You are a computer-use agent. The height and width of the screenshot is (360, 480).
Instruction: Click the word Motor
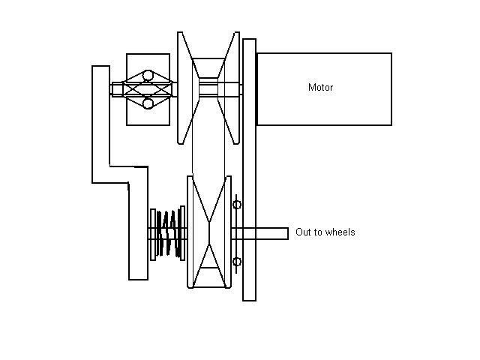point(320,88)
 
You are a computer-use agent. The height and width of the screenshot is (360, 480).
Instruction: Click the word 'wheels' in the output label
point(340,232)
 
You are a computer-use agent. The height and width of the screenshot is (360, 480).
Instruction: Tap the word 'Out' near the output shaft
point(304,232)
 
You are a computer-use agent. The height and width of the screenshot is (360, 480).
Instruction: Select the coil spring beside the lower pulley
point(168,233)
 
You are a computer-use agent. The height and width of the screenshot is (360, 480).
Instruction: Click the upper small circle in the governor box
point(148,76)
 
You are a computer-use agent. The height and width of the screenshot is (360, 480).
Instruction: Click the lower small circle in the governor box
point(148,103)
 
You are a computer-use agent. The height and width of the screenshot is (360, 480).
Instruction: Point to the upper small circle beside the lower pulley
point(238,204)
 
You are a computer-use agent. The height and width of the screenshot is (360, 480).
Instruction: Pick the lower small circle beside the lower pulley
point(238,261)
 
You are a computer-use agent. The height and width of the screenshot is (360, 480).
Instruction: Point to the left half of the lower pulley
point(196,232)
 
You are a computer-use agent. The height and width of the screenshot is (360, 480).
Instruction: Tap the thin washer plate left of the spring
point(152,233)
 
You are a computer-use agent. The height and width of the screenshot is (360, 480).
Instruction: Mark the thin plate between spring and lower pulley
point(182,233)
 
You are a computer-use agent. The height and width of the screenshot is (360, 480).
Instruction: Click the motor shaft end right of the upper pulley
point(241,88)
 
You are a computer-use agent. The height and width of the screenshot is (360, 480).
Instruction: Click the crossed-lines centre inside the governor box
point(148,89)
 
